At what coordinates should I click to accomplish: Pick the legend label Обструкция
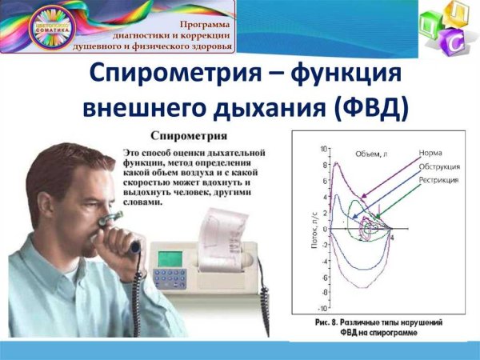438,166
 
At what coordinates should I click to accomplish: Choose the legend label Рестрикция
438,180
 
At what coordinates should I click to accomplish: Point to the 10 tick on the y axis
324,149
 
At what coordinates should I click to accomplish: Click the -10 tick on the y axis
322,308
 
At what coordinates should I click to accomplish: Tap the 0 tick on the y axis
326,229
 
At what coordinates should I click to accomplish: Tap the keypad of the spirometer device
171,278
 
